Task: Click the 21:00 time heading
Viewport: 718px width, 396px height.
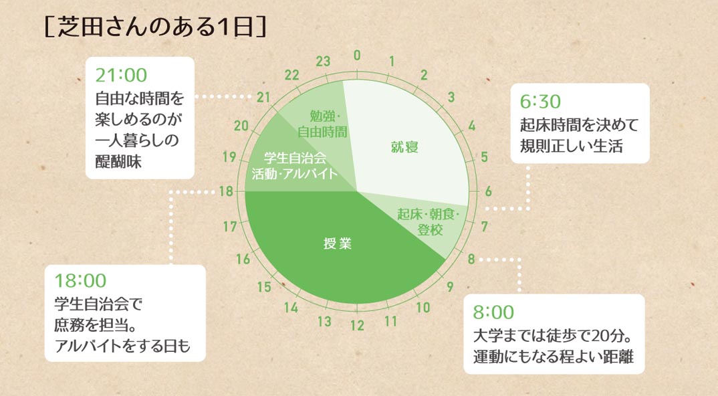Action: coord(121,75)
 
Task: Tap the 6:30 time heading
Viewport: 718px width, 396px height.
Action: coord(540,101)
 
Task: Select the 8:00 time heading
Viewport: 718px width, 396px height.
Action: coord(493,312)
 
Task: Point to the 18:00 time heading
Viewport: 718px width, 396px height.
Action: coord(80,280)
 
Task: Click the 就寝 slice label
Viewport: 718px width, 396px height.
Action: coord(404,147)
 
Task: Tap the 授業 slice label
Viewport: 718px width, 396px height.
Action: coord(338,243)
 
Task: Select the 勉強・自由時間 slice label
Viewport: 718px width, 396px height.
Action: coord(322,124)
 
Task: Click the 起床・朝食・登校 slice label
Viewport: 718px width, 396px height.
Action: coord(429,222)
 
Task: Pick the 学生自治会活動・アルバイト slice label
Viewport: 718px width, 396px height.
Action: coord(294,166)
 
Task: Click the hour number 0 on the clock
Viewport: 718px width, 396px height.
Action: coord(357,56)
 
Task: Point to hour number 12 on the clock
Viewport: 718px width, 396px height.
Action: coord(357,326)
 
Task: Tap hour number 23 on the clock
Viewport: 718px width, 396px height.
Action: coord(323,61)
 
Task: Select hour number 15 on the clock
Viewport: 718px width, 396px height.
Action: coord(264,287)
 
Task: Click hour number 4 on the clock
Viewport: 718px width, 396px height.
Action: coord(471,126)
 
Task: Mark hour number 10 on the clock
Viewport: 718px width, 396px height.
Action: coord(423,308)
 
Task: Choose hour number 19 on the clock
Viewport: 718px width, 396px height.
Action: coord(229,157)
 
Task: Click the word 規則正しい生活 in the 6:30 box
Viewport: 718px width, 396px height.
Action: coord(571,146)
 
